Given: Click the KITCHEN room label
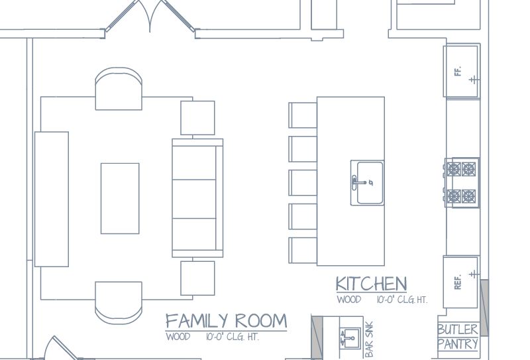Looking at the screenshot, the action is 371,284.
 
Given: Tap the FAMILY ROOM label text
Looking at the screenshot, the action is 226,321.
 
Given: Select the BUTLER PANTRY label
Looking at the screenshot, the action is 458,337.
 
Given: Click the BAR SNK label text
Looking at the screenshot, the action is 369,339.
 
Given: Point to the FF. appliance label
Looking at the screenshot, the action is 458,72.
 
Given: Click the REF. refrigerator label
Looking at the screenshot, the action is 458,282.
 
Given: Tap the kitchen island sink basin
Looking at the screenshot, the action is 370,183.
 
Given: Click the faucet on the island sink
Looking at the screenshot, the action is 360,183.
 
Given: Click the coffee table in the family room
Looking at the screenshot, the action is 120,199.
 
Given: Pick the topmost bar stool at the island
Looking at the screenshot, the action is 303,115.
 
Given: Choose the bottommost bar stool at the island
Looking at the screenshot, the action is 303,251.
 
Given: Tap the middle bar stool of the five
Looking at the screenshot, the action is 303,183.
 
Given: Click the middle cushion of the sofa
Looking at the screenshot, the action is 194,199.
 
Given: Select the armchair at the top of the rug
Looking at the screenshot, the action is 119,89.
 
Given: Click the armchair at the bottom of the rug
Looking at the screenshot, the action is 119,302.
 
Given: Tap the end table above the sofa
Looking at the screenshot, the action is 197,118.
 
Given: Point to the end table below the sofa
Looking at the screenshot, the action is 197,278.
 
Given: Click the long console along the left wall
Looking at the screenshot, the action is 52,199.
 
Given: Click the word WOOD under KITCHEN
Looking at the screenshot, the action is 349,300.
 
